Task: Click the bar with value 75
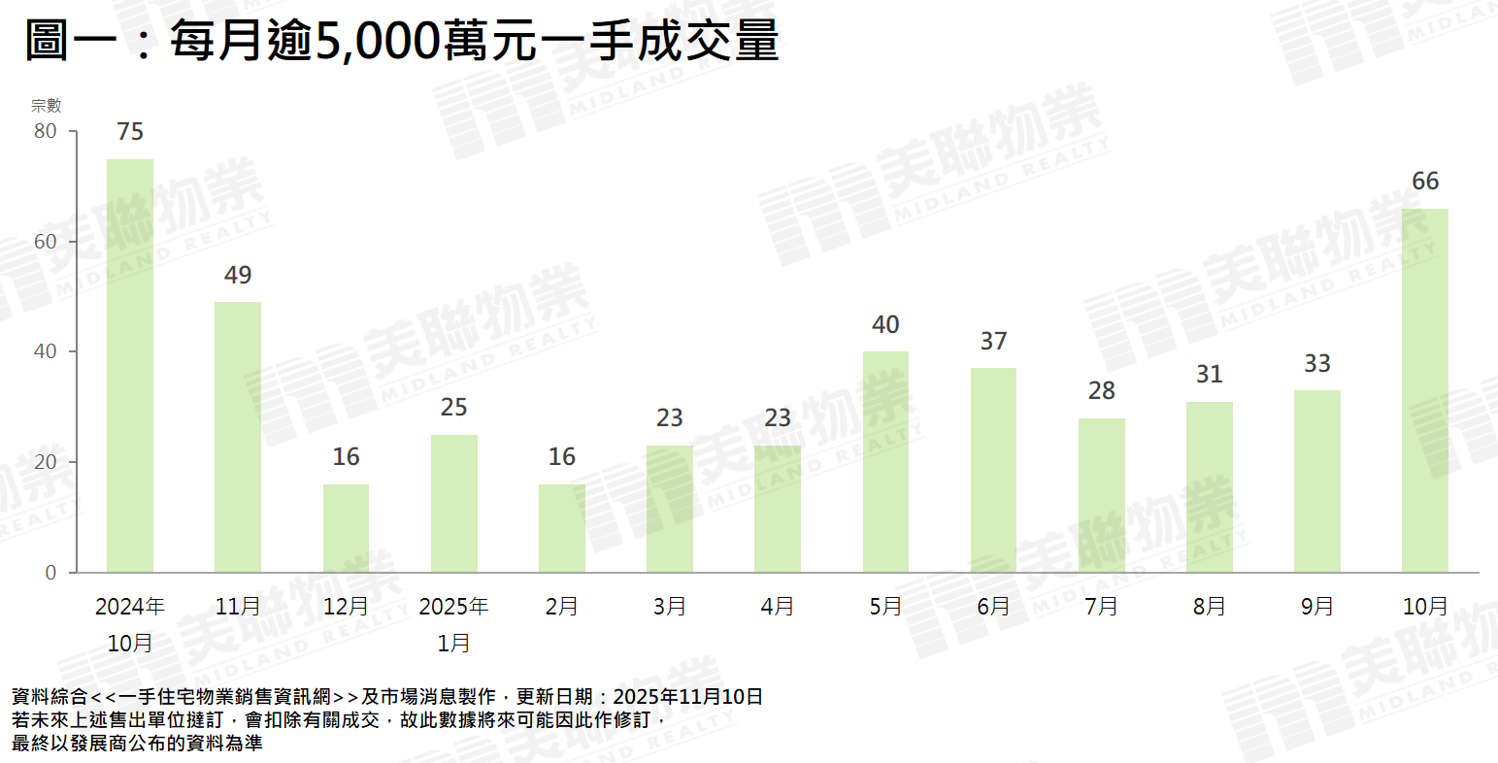tap(130, 365)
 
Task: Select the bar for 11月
tap(238, 437)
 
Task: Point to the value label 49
tap(238, 276)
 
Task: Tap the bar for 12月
tap(346, 528)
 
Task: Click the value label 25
tap(453, 408)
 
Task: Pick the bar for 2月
tap(562, 528)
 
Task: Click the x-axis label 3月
tap(670, 607)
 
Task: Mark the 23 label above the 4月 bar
tap(778, 418)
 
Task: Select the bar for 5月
tap(885, 462)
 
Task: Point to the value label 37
tap(993, 342)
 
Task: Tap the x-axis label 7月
tap(1102, 607)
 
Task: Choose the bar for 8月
tap(1210, 487)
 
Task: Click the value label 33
tap(1317, 364)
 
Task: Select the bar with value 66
tap(1425, 390)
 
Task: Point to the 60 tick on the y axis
tap(46, 242)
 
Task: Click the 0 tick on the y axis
tap(50, 573)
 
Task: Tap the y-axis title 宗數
tap(46, 106)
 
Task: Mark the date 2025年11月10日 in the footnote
tap(687, 697)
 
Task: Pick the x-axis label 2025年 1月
tap(453, 624)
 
